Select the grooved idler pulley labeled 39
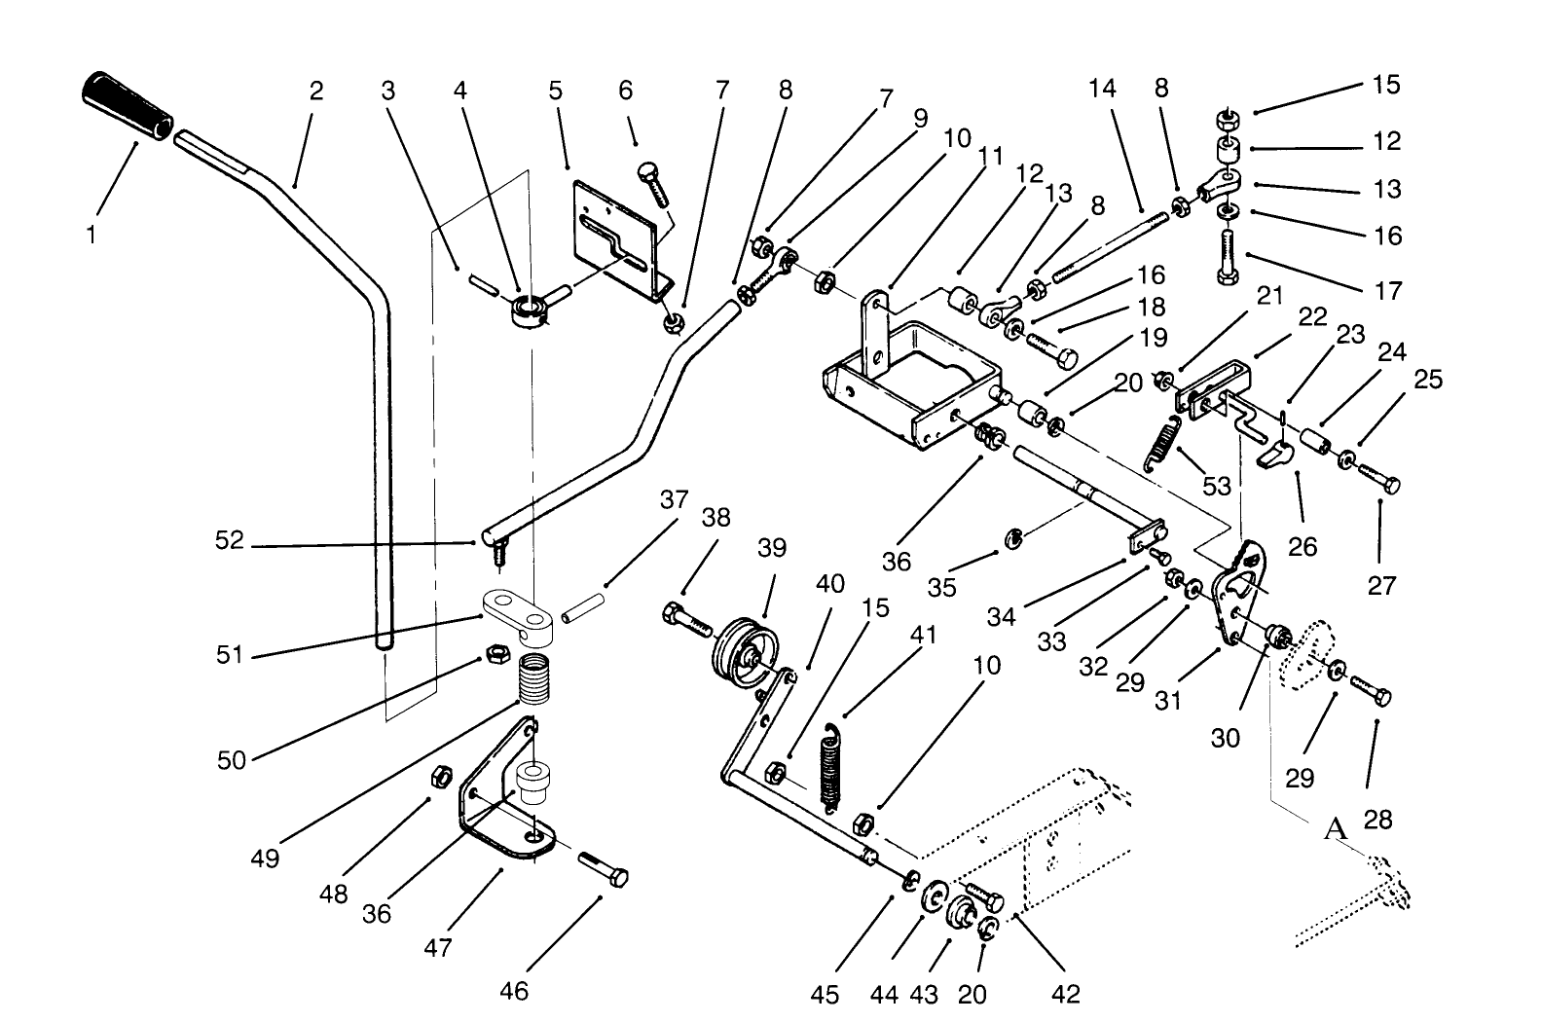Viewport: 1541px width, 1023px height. coord(744,651)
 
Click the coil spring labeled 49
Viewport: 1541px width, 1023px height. coord(532,679)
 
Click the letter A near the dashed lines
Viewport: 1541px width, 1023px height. coord(1336,829)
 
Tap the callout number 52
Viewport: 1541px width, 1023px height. coord(230,540)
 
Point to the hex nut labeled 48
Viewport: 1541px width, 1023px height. coord(439,776)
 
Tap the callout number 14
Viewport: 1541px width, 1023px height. coord(1102,89)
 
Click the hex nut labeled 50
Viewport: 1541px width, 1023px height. coord(495,653)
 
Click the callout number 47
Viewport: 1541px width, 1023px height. coord(438,945)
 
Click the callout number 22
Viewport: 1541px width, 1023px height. coord(1313,317)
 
